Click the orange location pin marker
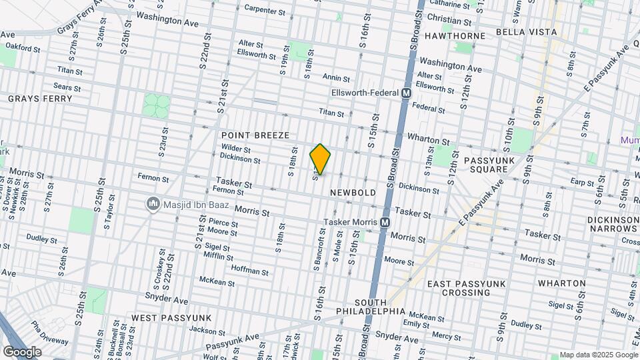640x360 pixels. [x=321, y=159]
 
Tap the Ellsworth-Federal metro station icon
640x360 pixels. [x=405, y=93]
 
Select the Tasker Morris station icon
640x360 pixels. [x=385, y=222]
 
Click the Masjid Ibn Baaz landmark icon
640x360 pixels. [x=153, y=203]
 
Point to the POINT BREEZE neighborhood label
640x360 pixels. [x=255, y=135]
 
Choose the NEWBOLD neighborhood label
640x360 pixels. [x=353, y=192]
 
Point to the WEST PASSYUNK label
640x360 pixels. [x=171, y=317]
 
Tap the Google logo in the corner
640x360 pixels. [x=22, y=351]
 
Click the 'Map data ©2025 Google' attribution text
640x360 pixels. [x=598, y=355]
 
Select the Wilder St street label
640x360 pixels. [x=236, y=150]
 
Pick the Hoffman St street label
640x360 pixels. [x=249, y=272]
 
